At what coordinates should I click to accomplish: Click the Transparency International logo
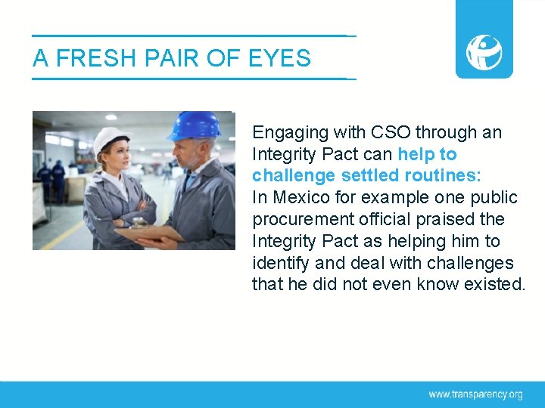pos(484,51)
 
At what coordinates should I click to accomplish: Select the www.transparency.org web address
pos(475,394)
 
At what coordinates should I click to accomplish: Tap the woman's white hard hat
pos(111,138)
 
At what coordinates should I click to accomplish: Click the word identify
pos(278,263)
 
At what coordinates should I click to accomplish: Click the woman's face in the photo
pos(114,157)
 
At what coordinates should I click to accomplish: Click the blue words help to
pos(428,154)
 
